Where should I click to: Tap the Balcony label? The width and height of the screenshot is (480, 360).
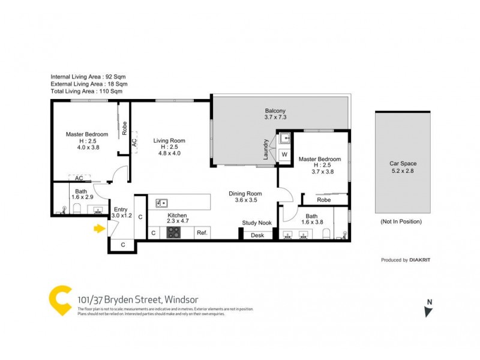pos(275,110)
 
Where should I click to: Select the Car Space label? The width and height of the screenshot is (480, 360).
pos(403,163)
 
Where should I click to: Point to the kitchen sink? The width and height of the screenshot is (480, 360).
pos(161,203)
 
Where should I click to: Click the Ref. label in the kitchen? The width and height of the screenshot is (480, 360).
pos(202,233)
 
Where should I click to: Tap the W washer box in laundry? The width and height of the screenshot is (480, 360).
pos(284,154)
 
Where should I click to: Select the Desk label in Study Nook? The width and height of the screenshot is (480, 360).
pos(257,235)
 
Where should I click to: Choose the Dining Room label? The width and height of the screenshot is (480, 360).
pos(245,194)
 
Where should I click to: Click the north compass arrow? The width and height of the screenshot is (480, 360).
pos(428,310)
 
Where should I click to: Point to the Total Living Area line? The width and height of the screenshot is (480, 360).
pos(87,92)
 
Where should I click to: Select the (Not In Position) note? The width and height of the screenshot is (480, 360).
pos(401,221)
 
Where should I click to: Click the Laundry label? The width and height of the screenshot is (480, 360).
pos(265,149)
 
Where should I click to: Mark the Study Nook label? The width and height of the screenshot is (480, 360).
pos(257,223)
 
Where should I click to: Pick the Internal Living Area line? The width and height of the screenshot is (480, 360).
pos(88,77)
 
